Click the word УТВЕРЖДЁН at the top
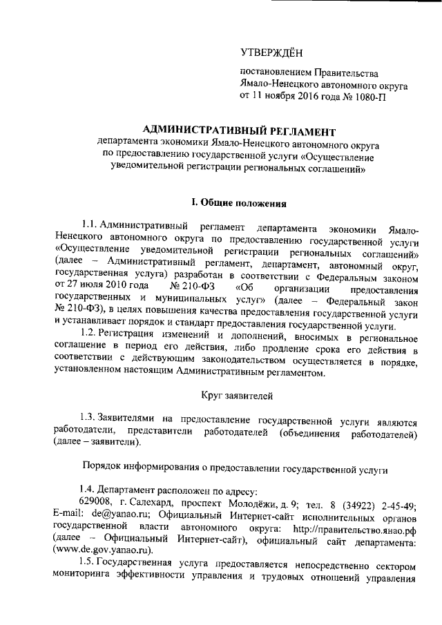[271, 51]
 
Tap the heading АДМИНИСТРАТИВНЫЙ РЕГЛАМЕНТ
[238, 130]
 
